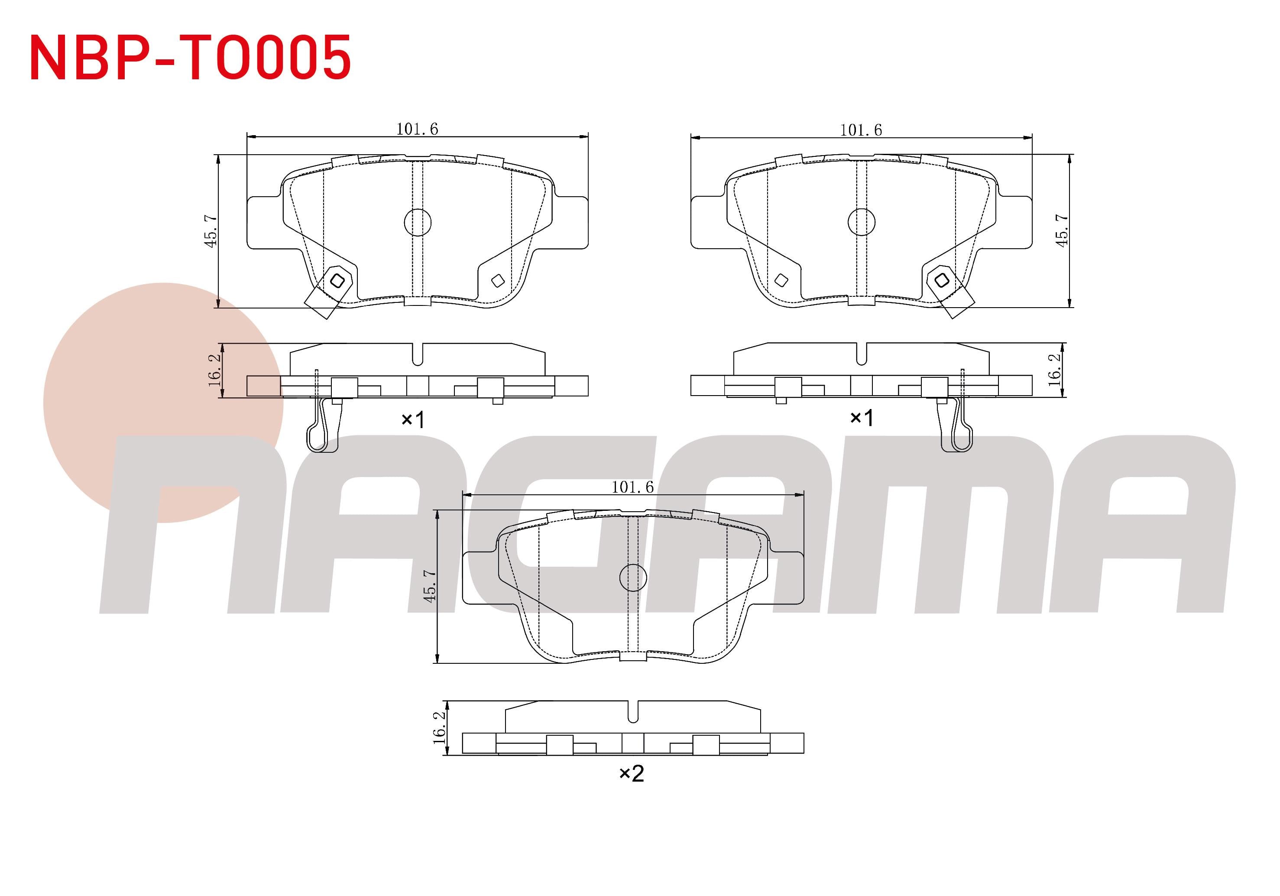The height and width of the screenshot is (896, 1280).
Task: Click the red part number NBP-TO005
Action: [190, 58]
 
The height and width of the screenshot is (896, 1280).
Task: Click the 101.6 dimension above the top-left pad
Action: [417, 129]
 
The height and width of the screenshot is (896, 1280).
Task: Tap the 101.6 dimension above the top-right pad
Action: [861, 130]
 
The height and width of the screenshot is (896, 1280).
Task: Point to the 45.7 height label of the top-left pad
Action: [211, 231]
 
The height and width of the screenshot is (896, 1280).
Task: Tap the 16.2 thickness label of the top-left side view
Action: [215, 369]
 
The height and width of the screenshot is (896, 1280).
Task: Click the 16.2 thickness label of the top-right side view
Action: [1054, 369]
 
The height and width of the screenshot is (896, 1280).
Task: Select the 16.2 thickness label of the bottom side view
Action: [439, 727]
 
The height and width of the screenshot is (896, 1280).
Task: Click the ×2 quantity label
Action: [632, 773]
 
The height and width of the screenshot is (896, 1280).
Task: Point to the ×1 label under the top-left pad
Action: [413, 419]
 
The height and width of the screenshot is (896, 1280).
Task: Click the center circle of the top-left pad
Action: [418, 222]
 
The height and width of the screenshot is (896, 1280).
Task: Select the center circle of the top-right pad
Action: [861, 222]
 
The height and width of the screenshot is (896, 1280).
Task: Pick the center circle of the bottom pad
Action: [633, 578]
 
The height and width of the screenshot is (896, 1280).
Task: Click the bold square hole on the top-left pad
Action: [337, 280]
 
